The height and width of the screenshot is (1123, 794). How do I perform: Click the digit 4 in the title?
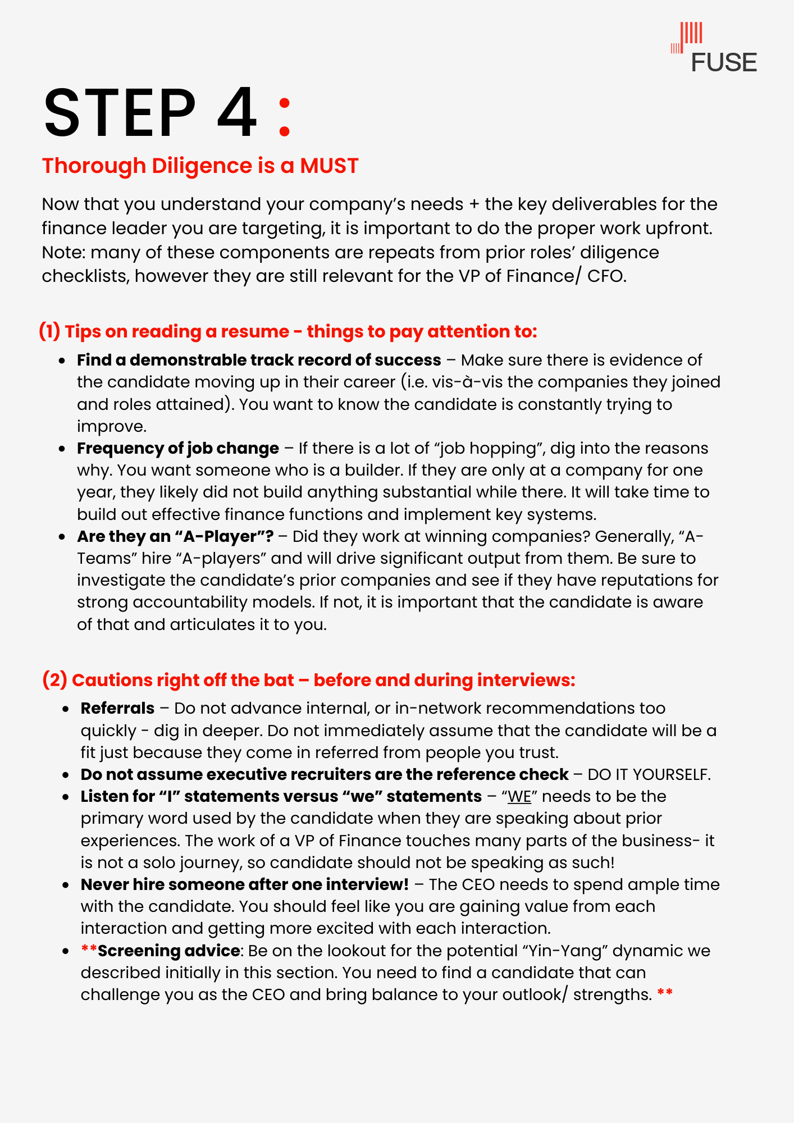pyautogui.click(x=237, y=113)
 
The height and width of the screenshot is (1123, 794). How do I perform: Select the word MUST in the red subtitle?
pyautogui.click(x=329, y=166)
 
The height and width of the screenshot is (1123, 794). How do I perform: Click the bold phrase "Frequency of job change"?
pyautogui.click(x=178, y=449)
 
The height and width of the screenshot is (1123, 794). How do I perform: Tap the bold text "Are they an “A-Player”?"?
pyautogui.click(x=175, y=537)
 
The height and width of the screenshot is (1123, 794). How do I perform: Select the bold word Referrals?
pyautogui.click(x=117, y=709)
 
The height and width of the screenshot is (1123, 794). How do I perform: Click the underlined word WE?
pyautogui.click(x=519, y=797)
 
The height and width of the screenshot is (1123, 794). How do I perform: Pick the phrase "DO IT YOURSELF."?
pyautogui.click(x=649, y=775)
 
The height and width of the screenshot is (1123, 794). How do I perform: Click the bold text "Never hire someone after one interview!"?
pyautogui.click(x=245, y=885)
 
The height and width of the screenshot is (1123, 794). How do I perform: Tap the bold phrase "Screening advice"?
pyautogui.click(x=169, y=951)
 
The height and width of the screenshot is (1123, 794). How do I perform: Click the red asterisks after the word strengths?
pyautogui.click(x=665, y=994)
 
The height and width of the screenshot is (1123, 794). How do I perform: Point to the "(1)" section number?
pyautogui.click(x=49, y=331)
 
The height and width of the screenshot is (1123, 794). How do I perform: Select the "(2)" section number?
pyautogui.click(x=54, y=681)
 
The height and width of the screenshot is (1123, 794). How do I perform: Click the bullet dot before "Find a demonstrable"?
pyautogui.click(x=63, y=360)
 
